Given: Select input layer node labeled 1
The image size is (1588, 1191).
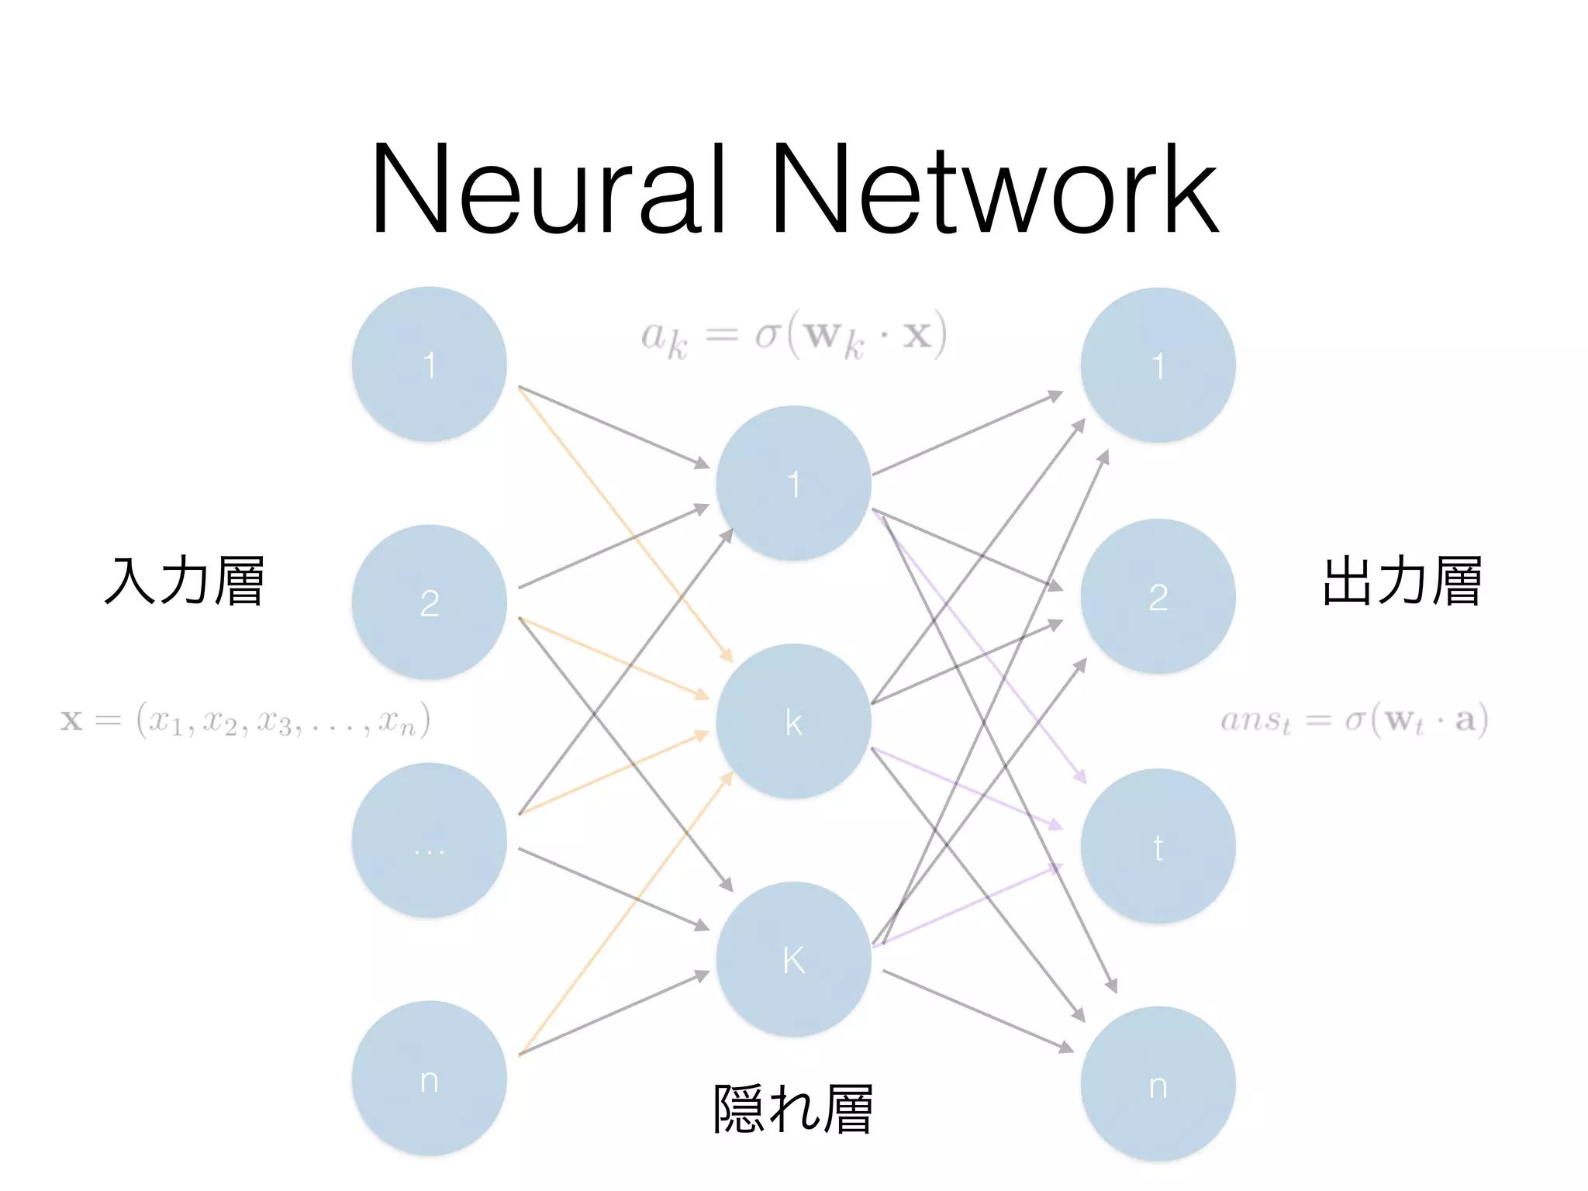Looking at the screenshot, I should click(x=429, y=364).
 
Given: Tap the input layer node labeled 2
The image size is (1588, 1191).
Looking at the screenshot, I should click(x=429, y=602).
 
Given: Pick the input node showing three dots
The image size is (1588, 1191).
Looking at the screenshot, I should click(x=429, y=841).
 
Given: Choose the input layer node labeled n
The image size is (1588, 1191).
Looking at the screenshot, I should click(x=429, y=1079).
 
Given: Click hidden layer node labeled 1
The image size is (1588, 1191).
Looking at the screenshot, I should click(x=793, y=483).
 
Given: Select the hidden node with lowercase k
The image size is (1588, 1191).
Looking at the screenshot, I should click(x=793, y=721).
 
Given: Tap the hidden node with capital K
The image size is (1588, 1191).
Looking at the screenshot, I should click(x=793, y=959).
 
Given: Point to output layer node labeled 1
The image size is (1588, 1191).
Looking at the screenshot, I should click(x=1158, y=365).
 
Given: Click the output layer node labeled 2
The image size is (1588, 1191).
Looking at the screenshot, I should click(x=1158, y=596).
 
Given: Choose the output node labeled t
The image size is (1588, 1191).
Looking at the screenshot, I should click(x=1158, y=846).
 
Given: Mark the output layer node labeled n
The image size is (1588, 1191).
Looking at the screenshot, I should click(x=1158, y=1084).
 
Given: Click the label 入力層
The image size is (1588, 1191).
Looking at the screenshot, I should click(x=185, y=581).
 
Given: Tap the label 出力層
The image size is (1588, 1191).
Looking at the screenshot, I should click(x=1402, y=581).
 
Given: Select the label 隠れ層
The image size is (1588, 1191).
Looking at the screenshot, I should click(x=793, y=1110).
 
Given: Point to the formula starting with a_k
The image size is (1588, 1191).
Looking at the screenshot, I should click(x=793, y=336).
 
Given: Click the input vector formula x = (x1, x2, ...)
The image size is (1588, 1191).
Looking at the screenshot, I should click(x=245, y=720).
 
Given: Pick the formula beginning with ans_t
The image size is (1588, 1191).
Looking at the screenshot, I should click(x=1354, y=720).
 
